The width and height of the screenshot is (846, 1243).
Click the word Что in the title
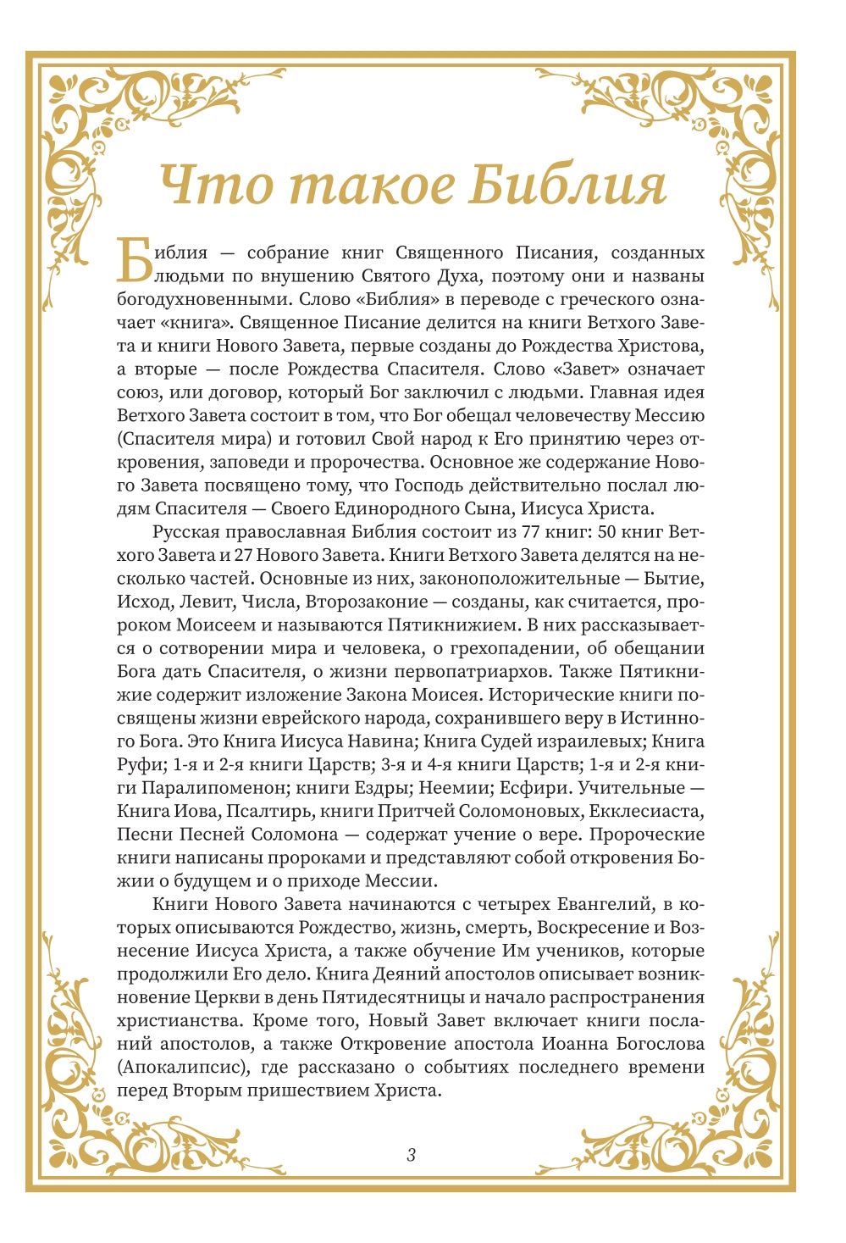(x=216, y=186)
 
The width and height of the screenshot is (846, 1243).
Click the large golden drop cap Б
(x=134, y=260)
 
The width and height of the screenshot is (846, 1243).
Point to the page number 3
(x=412, y=1154)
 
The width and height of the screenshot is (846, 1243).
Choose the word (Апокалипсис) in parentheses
(x=184, y=1068)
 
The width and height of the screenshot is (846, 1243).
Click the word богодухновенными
(x=198, y=299)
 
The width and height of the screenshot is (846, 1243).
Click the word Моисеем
(x=210, y=625)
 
